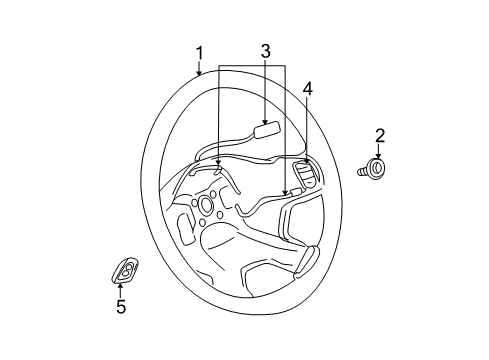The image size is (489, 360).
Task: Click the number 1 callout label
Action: pyautogui.click(x=200, y=52)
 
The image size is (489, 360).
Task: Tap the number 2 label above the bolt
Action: pyautogui.click(x=379, y=135)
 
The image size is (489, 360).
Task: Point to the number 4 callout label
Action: pyautogui.click(x=308, y=89)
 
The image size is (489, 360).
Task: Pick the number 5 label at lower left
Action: pyautogui.click(x=121, y=307)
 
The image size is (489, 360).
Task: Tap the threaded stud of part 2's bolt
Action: pyautogui.click(x=362, y=173)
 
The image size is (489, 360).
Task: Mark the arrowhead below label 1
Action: pyautogui.click(x=200, y=73)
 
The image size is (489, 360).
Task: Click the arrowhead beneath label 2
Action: pyautogui.click(x=379, y=155)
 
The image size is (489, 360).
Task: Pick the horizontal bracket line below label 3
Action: pyautogui.click(x=250, y=67)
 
